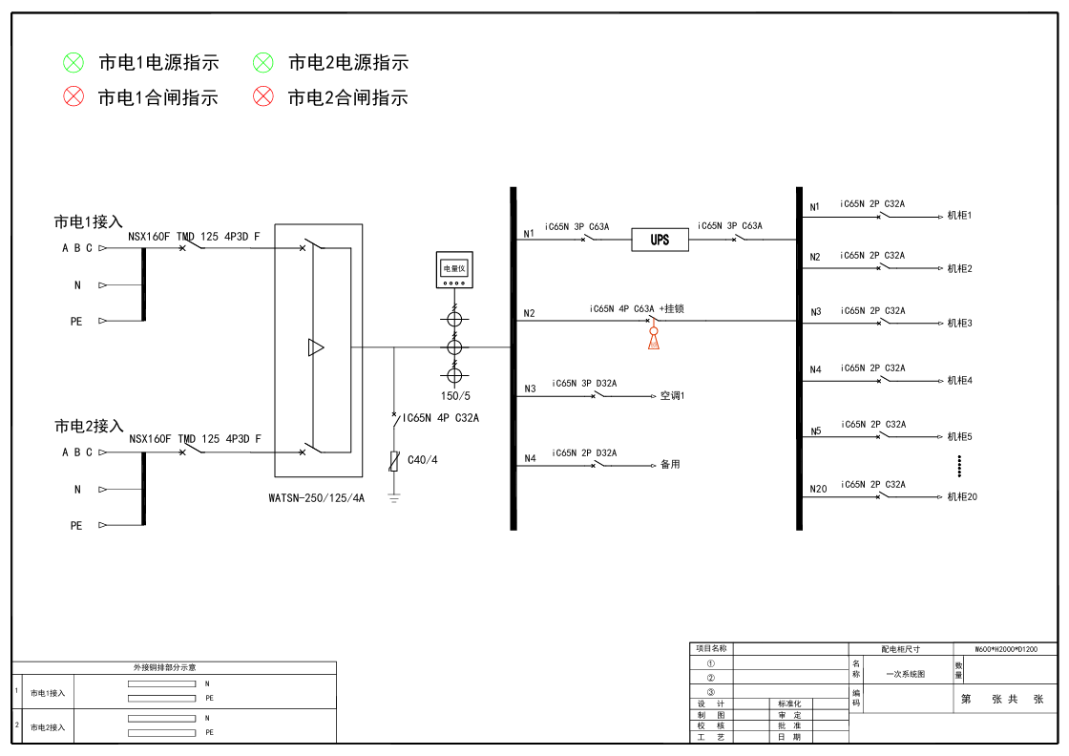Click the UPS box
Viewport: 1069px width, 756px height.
pos(660,240)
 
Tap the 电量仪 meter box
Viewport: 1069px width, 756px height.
pos(453,270)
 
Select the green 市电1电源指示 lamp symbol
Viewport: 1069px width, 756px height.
pos(73,63)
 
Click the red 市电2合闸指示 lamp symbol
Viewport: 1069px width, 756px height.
pos(263,96)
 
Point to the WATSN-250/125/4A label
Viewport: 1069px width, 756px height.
pos(317,497)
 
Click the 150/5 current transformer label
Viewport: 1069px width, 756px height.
pos(454,395)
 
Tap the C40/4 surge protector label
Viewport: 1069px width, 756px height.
pos(422,460)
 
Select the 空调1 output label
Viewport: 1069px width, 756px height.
pos(673,394)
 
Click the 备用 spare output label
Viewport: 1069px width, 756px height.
pos(670,465)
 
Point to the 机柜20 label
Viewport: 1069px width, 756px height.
pos(962,496)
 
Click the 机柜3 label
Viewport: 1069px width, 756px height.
pos(959,324)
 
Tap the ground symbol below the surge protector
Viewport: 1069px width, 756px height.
pos(393,497)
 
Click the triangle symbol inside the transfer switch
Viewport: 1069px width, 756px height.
pos(316,347)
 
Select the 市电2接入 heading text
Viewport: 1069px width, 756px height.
pos(89,426)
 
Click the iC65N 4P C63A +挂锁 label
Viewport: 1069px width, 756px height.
pos(637,308)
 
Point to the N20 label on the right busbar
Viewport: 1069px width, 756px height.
pos(818,490)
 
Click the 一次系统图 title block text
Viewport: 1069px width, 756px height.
pos(905,673)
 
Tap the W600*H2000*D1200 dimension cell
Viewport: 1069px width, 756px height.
pos(1006,649)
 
